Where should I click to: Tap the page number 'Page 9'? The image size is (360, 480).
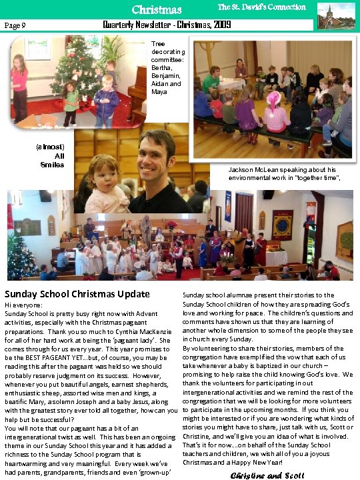tap(15, 25)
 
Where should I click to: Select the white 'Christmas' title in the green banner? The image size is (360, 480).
tap(157, 9)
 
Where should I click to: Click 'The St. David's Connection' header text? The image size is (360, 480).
tap(261, 7)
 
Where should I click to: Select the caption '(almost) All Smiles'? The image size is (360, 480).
tap(51, 155)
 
